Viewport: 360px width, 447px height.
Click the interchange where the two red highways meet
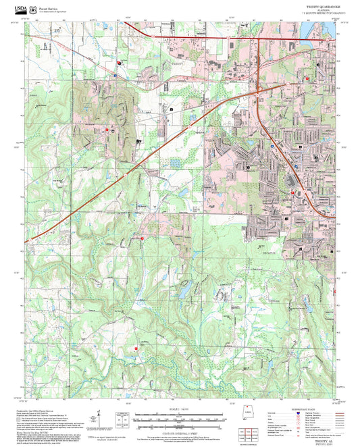tap(259, 88)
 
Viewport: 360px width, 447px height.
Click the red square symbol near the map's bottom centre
tap(136, 349)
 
